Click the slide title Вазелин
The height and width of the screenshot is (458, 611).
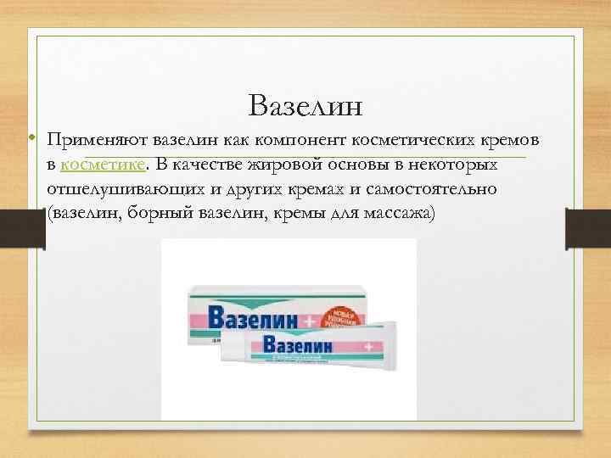pos(306,106)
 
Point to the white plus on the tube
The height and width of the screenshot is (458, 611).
pos(368,346)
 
